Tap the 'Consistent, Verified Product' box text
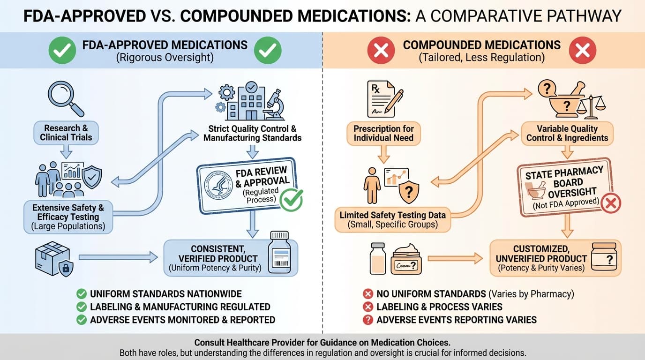click(x=218, y=258)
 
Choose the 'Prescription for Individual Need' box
click(x=383, y=133)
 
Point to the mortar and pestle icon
click(x=566, y=100)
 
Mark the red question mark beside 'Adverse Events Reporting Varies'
click(x=368, y=320)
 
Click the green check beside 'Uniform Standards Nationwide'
click(x=82, y=294)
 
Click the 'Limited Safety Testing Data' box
click(x=393, y=219)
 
